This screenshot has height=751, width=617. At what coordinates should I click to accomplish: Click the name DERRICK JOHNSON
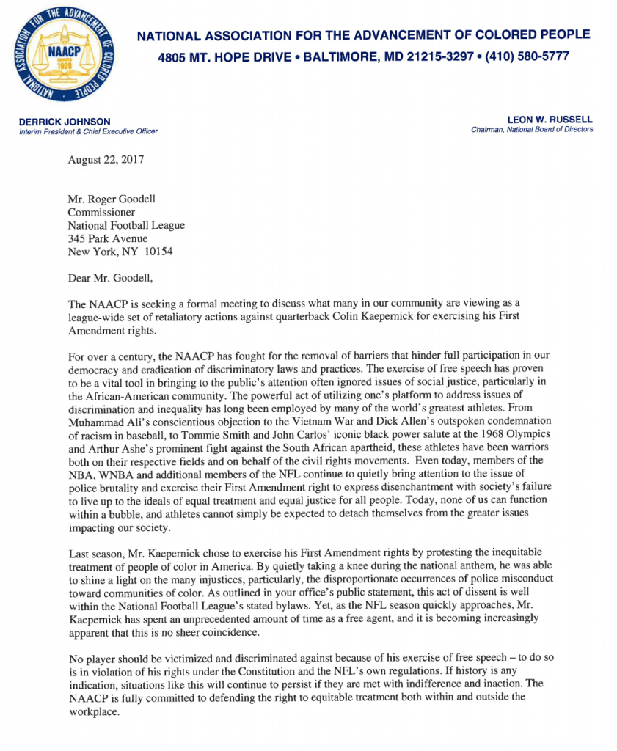(x=66, y=121)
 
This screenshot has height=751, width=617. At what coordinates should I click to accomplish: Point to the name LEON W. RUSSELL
(x=550, y=120)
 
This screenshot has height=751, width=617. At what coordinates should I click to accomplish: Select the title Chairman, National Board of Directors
(x=532, y=130)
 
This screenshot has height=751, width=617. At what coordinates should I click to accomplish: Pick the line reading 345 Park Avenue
(x=108, y=238)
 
